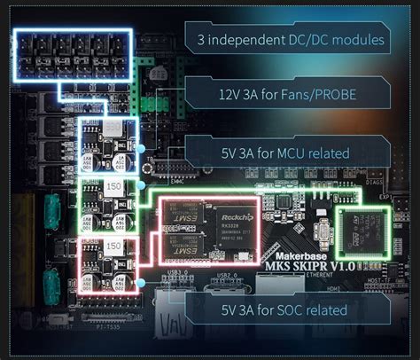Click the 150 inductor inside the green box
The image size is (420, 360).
114,189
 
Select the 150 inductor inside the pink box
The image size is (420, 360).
114,245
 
